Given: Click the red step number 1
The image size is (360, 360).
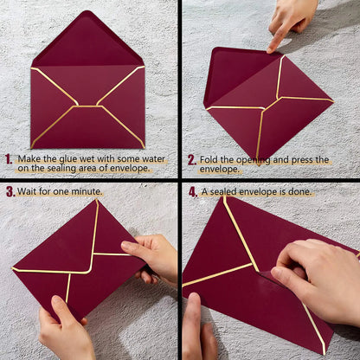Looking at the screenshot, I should [8, 159].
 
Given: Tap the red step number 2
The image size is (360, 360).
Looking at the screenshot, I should [191, 160].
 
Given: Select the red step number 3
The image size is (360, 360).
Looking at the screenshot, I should [10, 191].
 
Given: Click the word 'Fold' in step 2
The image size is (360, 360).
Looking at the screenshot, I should [212, 160].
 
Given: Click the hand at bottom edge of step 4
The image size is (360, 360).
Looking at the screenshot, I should [197, 333].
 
